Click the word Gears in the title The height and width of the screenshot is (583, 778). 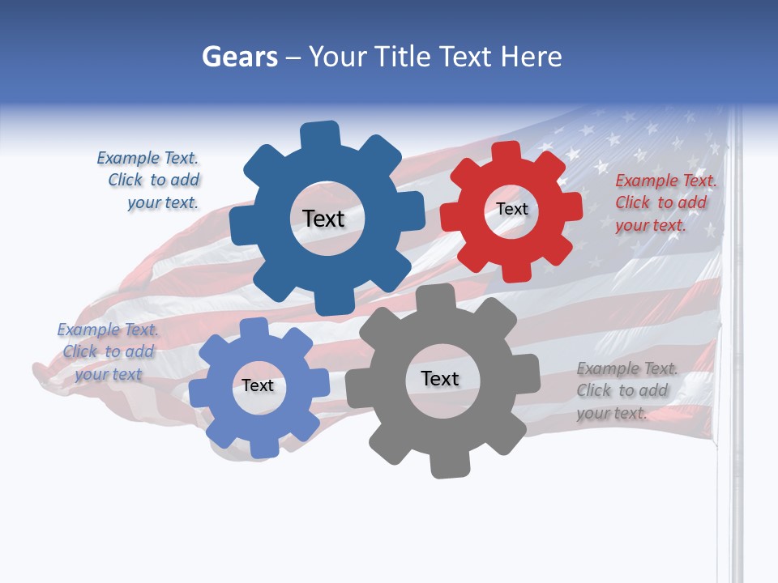click(x=240, y=57)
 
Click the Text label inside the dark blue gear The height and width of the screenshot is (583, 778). click(x=323, y=219)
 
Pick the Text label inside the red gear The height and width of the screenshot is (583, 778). click(x=511, y=209)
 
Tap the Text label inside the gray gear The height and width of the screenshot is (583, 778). click(x=440, y=378)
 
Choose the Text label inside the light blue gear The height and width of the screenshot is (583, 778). click(x=258, y=385)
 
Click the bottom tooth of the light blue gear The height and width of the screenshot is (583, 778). click(x=262, y=448)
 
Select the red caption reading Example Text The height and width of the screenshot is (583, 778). click(x=665, y=181)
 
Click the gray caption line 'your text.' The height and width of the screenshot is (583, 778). click(x=612, y=413)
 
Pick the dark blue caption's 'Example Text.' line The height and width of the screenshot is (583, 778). click(x=147, y=158)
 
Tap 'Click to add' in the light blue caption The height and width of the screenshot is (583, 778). click(x=109, y=351)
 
